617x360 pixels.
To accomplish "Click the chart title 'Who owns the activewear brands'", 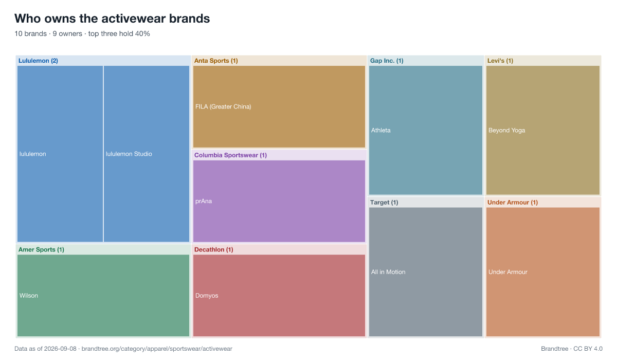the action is [112, 19].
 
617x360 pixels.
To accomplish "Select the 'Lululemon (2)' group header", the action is [38, 61].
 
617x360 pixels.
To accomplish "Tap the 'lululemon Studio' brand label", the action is [129, 154].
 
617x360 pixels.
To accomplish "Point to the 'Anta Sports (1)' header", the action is [216, 61].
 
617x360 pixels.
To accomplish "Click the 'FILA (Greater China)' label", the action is [223, 106].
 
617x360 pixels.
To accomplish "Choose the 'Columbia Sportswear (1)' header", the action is [230, 155].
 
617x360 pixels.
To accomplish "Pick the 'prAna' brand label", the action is [204, 201].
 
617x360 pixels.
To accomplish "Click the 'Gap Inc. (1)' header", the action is [387, 61].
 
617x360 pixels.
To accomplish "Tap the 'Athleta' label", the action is [380, 130].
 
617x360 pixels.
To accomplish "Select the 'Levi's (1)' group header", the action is [500, 61].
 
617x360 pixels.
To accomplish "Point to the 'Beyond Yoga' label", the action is [507, 130].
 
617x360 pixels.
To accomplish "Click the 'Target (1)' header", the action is [384, 203].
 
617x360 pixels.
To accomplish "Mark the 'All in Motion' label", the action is [388, 272].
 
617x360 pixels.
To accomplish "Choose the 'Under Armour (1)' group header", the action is [513, 203].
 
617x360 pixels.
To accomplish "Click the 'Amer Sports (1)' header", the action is [41, 249].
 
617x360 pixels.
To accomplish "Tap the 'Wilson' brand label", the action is [29, 296].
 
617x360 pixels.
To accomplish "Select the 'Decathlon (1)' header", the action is [214, 249].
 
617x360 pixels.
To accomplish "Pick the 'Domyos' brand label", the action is [207, 296].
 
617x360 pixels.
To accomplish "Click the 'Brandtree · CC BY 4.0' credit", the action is [572, 349].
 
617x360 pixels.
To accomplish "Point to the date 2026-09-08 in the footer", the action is [60, 349].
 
